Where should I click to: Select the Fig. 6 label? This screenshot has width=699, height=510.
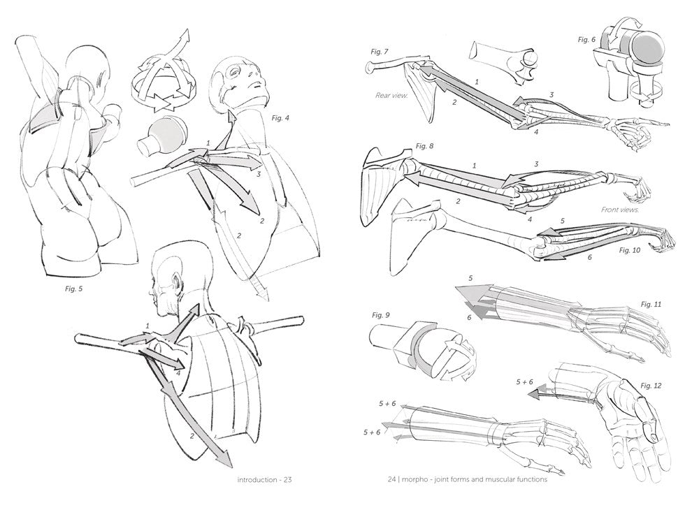click(586, 39)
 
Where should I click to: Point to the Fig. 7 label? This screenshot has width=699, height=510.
click(380, 52)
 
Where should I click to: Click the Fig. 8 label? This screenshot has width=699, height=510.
click(424, 145)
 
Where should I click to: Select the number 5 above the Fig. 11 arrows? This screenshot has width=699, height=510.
click(470, 278)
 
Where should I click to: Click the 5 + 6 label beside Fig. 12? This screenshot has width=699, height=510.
click(524, 382)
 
